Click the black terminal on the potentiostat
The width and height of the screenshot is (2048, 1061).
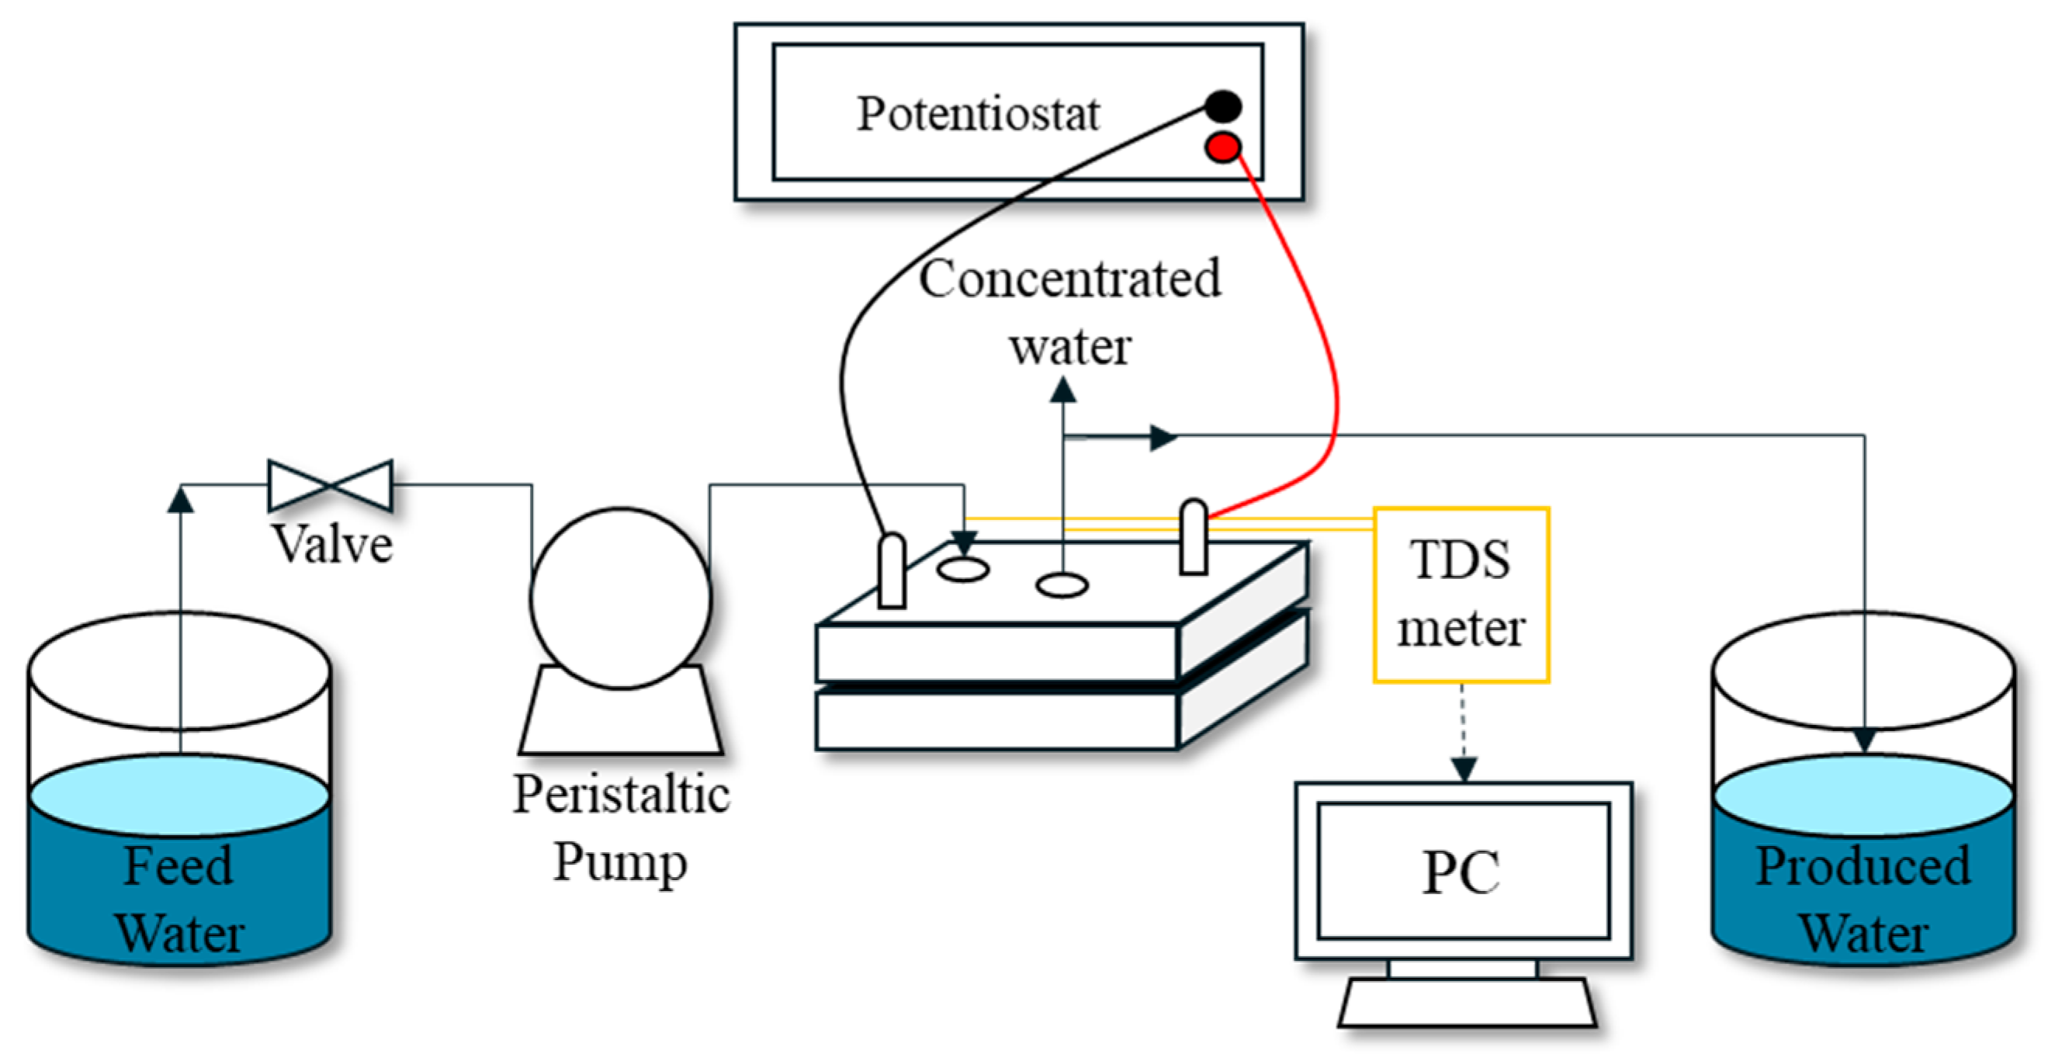point(1223,106)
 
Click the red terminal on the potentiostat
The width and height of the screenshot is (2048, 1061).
point(1223,147)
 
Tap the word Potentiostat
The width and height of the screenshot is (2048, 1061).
point(978,113)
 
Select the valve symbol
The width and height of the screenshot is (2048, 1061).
point(330,485)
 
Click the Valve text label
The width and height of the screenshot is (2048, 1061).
point(332,545)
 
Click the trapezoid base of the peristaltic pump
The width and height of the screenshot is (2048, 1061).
point(621,716)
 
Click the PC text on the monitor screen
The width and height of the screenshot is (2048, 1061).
point(1461,872)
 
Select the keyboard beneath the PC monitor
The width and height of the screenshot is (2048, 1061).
point(1467,1003)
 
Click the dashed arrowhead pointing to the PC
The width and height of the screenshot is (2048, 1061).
point(1464,768)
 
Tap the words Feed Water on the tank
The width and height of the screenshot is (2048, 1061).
point(180,899)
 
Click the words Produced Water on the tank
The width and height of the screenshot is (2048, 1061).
point(1863,899)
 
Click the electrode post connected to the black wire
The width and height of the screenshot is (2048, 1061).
point(892,571)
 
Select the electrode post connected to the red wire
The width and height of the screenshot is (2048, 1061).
point(1194,537)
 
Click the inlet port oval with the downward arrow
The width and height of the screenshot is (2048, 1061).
point(963,570)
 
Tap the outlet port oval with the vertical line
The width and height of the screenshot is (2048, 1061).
point(1062,586)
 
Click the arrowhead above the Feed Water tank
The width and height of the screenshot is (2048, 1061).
point(181,500)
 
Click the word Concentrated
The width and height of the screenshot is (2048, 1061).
point(1069,280)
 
